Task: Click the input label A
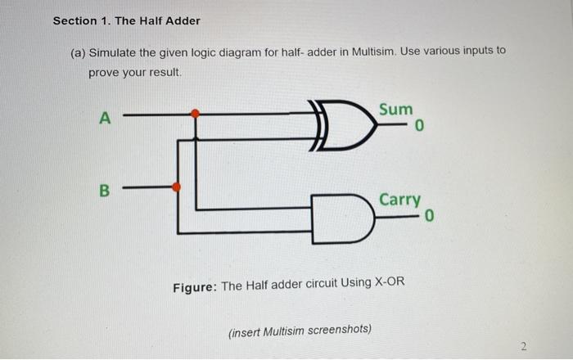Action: (104, 118)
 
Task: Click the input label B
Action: (104, 190)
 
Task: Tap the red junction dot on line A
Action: (195, 115)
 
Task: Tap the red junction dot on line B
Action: (176, 187)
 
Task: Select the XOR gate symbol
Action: (339, 125)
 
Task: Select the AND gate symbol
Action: (341, 218)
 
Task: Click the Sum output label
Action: (396, 109)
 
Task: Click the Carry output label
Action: (400, 200)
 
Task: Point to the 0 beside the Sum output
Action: (419, 127)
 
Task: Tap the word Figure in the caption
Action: (194, 286)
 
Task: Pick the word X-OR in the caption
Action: (389, 286)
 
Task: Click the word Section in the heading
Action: (74, 20)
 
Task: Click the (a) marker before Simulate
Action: (78, 52)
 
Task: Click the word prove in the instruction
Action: (104, 72)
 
